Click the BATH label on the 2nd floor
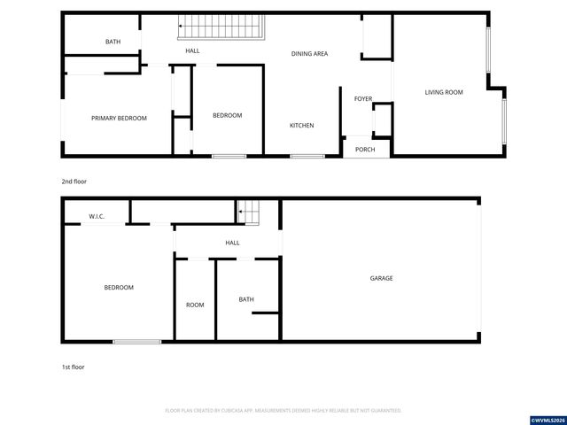(x=113, y=42)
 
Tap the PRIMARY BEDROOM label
(x=119, y=118)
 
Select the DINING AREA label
(x=310, y=54)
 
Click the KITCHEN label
(x=301, y=126)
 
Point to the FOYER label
(x=363, y=98)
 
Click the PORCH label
(x=365, y=150)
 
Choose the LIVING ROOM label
(x=444, y=92)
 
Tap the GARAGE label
(x=381, y=278)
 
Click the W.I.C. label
(x=97, y=216)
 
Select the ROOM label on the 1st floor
(x=195, y=305)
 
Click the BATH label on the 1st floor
(x=246, y=299)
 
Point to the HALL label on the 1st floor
(x=232, y=243)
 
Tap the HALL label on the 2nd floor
(x=192, y=51)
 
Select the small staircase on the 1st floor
(x=249, y=212)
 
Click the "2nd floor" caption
(x=74, y=182)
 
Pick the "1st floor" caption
(x=73, y=367)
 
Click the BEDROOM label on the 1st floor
(x=119, y=287)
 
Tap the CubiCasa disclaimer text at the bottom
(x=283, y=411)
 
